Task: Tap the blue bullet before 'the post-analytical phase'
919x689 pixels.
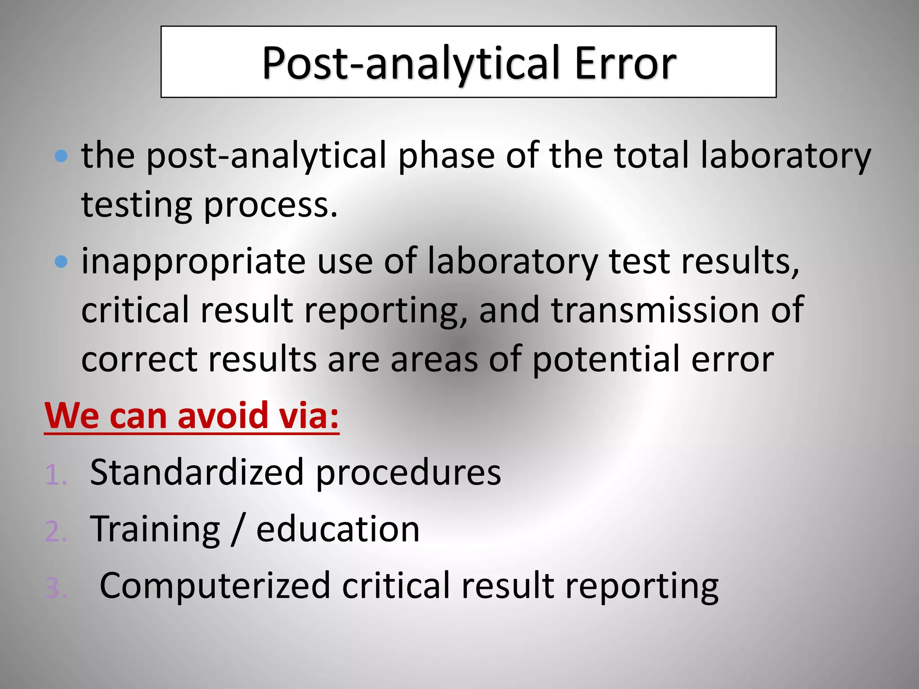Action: click(x=61, y=156)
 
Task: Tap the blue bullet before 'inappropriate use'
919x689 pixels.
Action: click(x=61, y=262)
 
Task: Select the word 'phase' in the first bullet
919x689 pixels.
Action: click(x=446, y=156)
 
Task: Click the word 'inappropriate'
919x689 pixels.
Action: click(x=193, y=262)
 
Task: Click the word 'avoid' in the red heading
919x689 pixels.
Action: click(x=223, y=415)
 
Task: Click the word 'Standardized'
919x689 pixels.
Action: click(x=197, y=472)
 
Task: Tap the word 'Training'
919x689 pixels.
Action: click(x=155, y=530)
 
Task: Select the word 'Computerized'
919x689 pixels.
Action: click(x=215, y=586)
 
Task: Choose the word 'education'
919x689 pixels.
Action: click(x=338, y=529)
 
